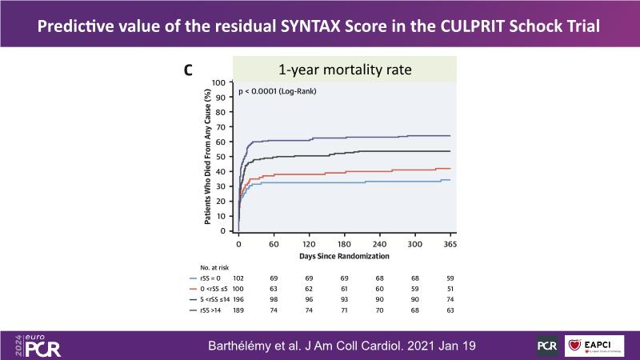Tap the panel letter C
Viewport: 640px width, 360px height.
tap(188, 70)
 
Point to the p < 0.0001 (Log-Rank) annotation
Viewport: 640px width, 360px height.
tap(278, 92)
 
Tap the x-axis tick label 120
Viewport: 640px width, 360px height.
tap(309, 243)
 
